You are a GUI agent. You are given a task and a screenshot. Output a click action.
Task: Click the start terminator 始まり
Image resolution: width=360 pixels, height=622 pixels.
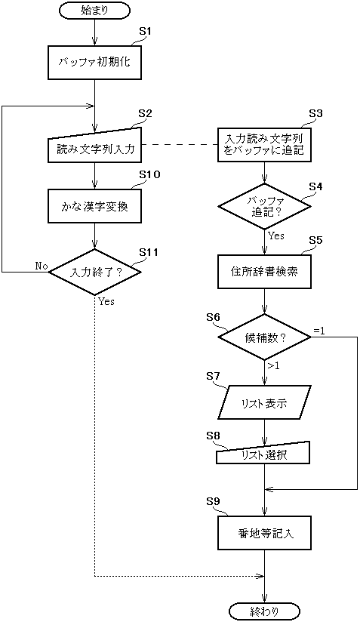(x=94, y=11)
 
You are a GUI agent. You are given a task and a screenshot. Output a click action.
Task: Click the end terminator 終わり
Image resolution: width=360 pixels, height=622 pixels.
(x=264, y=611)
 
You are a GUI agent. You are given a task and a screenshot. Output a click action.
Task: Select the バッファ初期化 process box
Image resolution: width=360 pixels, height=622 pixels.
(x=95, y=63)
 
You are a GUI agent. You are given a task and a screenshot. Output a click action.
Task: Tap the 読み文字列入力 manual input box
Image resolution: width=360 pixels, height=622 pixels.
(x=95, y=147)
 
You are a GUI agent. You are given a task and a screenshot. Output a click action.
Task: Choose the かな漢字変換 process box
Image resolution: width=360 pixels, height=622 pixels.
(x=95, y=206)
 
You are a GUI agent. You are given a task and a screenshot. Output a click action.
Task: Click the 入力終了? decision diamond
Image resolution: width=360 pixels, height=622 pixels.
(x=95, y=272)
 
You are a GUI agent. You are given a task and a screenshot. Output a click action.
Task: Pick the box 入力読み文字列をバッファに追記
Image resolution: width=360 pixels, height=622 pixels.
(x=264, y=145)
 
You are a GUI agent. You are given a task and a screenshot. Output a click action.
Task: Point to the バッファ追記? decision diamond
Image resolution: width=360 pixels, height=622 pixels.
(x=264, y=206)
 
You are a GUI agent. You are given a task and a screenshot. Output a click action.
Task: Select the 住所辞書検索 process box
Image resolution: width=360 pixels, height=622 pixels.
(x=264, y=271)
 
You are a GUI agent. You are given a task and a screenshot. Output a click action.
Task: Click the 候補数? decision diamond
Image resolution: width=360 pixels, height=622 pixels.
(x=264, y=337)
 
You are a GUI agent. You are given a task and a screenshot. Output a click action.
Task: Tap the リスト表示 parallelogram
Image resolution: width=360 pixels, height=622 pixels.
(x=264, y=403)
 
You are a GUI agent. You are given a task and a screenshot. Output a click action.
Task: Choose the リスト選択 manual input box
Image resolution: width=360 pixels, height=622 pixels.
(x=264, y=454)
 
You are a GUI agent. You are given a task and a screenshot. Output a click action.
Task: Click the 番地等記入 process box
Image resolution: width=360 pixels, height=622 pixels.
(x=264, y=533)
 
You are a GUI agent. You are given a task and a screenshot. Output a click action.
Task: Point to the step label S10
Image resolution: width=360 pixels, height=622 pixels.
(x=149, y=174)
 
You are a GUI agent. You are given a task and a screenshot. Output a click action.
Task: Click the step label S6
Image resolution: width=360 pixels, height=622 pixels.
(x=214, y=317)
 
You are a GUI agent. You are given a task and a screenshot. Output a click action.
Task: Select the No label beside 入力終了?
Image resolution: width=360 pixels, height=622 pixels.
(x=41, y=266)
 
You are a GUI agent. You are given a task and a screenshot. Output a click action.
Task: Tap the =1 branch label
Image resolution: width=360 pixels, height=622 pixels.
(x=319, y=331)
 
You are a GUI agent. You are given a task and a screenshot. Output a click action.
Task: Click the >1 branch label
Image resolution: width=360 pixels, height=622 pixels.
(x=273, y=366)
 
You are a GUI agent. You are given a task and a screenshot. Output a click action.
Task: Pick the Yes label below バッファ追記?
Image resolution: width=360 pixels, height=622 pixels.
(x=276, y=236)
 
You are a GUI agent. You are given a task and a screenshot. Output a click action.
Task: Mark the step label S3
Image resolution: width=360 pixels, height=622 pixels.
(x=315, y=113)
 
